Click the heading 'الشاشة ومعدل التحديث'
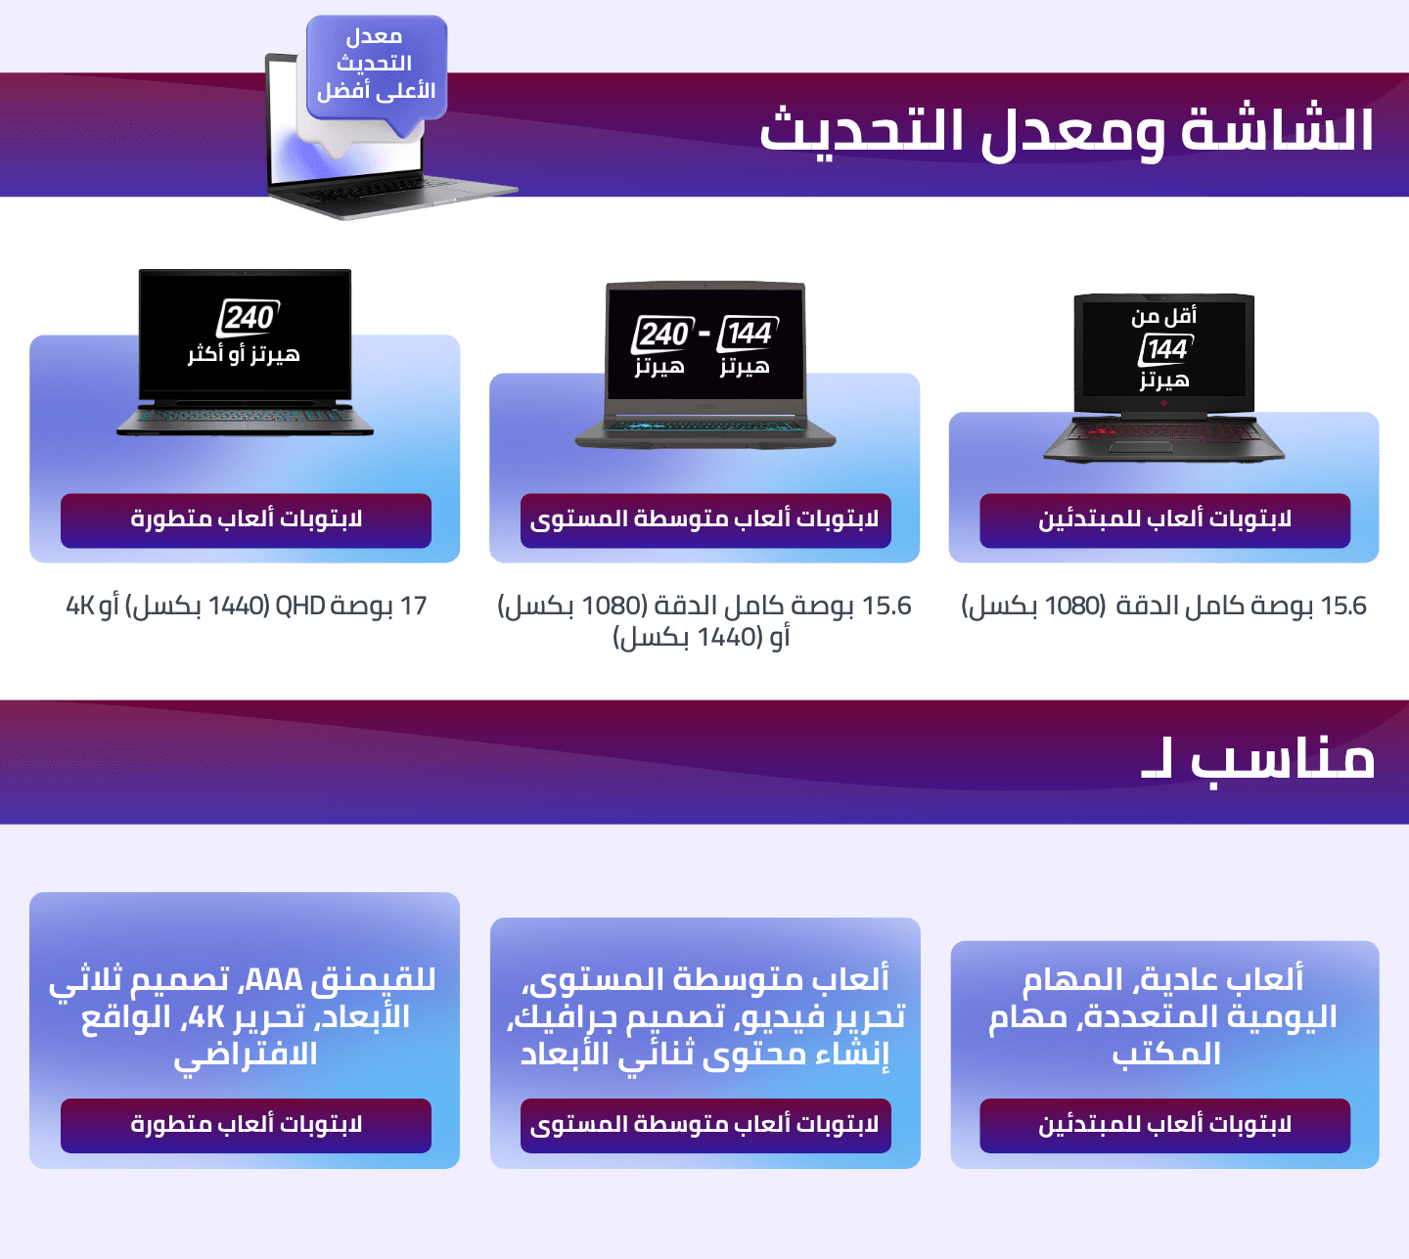[x=1066, y=132]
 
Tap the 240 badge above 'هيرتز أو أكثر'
[x=249, y=318]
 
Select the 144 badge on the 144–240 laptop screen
[x=748, y=334]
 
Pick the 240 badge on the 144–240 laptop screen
[x=663, y=334]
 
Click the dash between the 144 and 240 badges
[x=704, y=334]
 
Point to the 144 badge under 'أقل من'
[x=1165, y=349]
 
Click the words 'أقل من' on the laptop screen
[x=1163, y=316]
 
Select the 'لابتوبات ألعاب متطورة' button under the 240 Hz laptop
[x=246, y=520]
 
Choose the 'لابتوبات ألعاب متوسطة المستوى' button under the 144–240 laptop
[x=705, y=520]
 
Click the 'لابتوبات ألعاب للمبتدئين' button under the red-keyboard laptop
[x=1165, y=520]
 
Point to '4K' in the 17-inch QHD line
[x=79, y=607]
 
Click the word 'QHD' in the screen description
[x=299, y=607]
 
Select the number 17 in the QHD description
[x=413, y=607]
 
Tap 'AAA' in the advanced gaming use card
[x=273, y=980]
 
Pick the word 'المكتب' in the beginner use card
[x=1166, y=1054]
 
